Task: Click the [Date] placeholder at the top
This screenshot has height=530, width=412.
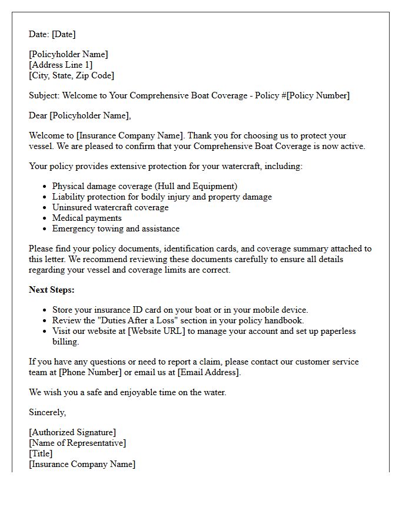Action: (x=64, y=34)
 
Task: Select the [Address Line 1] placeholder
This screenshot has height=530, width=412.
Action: (x=61, y=65)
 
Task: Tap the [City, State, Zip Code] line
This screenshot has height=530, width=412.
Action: (x=71, y=75)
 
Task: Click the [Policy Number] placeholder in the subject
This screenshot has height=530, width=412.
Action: (x=318, y=95)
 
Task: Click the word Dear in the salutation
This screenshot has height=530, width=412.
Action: (x=38, y=115)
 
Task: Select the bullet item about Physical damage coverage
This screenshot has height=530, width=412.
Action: (x=144, y=186)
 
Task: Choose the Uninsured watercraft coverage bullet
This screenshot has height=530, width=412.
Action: (x=110, y=207)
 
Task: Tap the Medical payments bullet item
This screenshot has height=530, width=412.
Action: (x=87, y=218)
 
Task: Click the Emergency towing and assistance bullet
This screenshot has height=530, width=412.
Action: (x=115, y=228)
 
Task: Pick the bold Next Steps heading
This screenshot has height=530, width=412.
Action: (x=52, y=290)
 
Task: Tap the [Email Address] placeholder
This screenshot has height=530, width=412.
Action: (x=208, y=372)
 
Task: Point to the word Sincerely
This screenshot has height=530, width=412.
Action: (x=47, y=412)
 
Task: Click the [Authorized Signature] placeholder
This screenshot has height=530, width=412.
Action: (x=72, y=432)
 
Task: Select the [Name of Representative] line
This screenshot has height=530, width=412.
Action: (x=77, y=443)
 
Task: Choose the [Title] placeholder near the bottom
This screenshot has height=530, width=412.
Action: (x=41, y=453)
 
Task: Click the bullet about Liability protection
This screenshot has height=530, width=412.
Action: (x=162, y=197)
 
